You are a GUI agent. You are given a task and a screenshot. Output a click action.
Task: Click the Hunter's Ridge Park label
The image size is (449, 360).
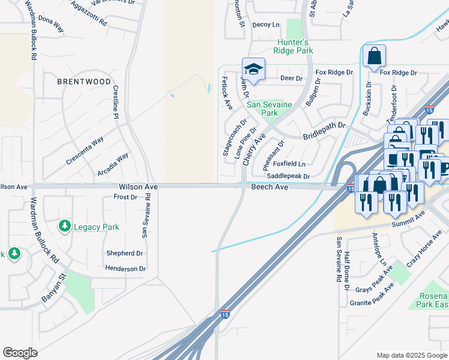(295, 47)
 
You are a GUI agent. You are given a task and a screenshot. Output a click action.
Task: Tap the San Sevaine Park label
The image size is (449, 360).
(270, 109)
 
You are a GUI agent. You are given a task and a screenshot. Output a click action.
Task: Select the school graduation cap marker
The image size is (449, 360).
(253, 69)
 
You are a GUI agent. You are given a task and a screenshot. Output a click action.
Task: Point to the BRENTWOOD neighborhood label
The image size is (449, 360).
(84, 82)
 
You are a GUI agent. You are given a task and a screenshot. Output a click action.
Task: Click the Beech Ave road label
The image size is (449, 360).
(270, 187)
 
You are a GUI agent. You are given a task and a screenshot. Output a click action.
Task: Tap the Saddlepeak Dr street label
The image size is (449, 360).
(288, 176)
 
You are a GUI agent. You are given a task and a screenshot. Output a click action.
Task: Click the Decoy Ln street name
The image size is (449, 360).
(266, 25)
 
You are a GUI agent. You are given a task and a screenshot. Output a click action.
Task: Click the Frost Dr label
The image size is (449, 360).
(125, 197)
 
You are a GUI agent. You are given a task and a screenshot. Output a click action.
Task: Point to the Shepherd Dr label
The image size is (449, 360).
(124, 253)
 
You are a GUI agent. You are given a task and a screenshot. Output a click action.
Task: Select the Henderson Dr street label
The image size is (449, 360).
(125, 269)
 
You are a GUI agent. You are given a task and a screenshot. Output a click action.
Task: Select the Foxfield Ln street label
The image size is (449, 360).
(289, 164)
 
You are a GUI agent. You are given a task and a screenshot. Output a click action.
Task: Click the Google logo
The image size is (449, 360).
(20, 353)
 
